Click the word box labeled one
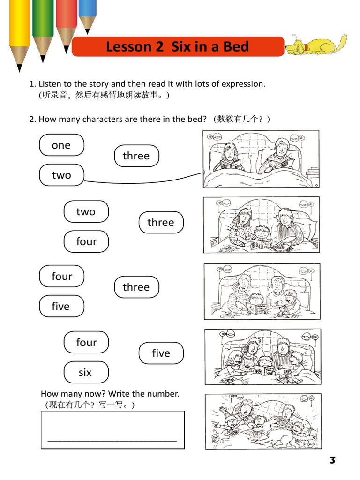point(61,145)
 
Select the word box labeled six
point(86,372)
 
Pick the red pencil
point(66,21)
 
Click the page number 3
point(332,460)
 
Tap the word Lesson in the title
point(123,47)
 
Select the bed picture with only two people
point(261,159)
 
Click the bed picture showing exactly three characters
point(262,225)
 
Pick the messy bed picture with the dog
point(262,421)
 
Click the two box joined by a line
point(61,175)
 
